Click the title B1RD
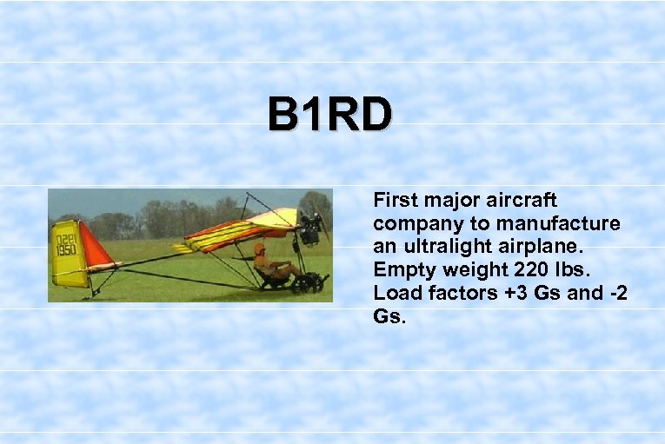[329, 115]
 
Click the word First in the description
[396, 200]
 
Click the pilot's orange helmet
[259, 249]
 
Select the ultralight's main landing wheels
[307, 283]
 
